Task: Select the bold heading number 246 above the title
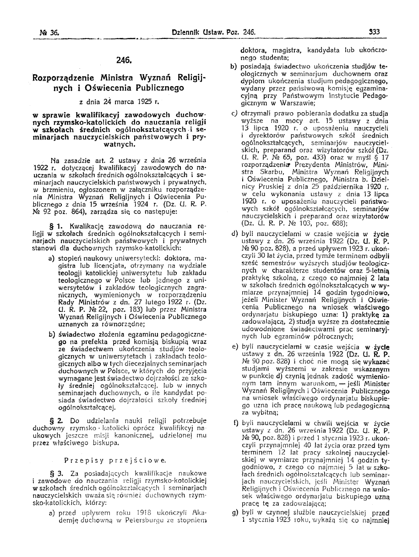pyautogui.click(x=124, y=60)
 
